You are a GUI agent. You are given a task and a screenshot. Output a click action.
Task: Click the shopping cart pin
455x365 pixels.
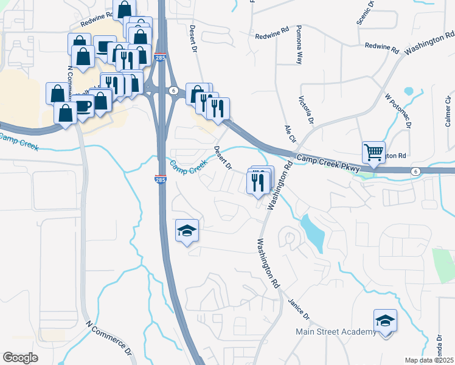click(x=373, y=151)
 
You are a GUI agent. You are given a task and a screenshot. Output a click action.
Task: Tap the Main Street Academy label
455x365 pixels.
click(x=336, y=332)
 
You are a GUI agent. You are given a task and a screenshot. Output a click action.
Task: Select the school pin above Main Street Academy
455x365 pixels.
click(x=385, y=320)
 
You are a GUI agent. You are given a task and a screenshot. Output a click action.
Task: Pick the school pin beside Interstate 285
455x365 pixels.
click(x=187, y=231)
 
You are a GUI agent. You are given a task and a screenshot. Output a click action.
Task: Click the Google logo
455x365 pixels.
click(x=20, y=358)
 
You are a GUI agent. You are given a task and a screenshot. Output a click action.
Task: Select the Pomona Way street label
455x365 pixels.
click(x=299, y=45)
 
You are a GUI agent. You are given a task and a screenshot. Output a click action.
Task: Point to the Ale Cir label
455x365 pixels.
click(x=290, y=134)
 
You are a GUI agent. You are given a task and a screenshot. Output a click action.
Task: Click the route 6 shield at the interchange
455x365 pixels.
click(x=174, y=90)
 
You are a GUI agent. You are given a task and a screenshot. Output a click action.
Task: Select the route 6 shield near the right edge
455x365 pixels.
click(x=415, y=171)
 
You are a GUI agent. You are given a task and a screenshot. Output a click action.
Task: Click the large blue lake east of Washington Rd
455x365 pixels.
click(x=311, y=231)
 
